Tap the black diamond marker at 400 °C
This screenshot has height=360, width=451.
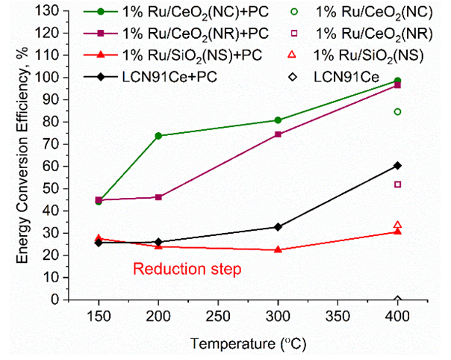(x=397, y=165)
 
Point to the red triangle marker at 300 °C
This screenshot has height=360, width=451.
(x=278, y=249)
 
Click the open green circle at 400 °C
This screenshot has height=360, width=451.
(x=397, y=112)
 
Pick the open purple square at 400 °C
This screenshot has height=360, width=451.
(x=397, y=184)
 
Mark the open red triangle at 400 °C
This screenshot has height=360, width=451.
(x=397, y=225)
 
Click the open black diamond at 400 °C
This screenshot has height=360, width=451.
(x=397, y=300)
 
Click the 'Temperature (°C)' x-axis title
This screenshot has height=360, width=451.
(x=248, y=345)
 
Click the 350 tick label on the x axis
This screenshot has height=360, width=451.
(x=338, y=317)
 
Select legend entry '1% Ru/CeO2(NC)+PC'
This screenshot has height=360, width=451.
(x=188, y=16)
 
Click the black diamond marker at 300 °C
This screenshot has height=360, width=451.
(x=278, y=227)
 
